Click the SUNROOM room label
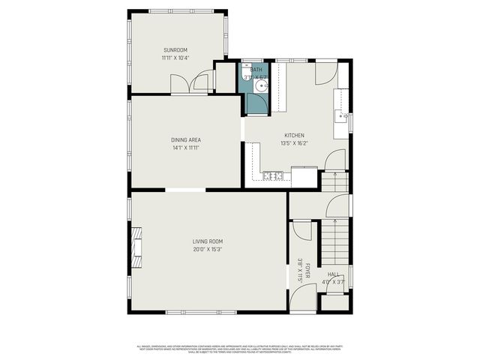click(x=175, y=50)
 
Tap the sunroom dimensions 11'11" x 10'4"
click(x=175, y=58)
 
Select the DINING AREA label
click(x=185, y=139)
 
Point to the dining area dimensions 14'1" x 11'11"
click(x=185, y=148)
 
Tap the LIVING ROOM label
click(x=208, y=241)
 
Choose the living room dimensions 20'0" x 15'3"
click(x=208, y=249)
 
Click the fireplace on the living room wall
click(x=136, y=247)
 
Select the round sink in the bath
click(x=259, y=87)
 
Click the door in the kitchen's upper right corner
click(x=326, y=73)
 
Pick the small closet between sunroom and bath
click(x=226, y=77)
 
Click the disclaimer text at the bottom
click(x=240, y=348)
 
